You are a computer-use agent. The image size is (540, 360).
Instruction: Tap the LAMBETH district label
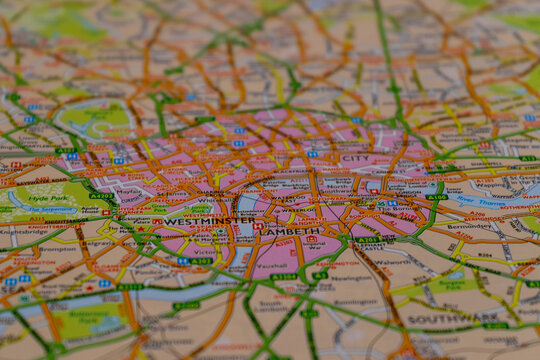(x=291, y=231)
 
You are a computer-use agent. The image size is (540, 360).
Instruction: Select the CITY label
(x=355, y=158)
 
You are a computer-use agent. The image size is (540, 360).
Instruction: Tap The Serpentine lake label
(x=45, y=210)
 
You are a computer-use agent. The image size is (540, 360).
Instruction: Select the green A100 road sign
(x=436, y=197)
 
